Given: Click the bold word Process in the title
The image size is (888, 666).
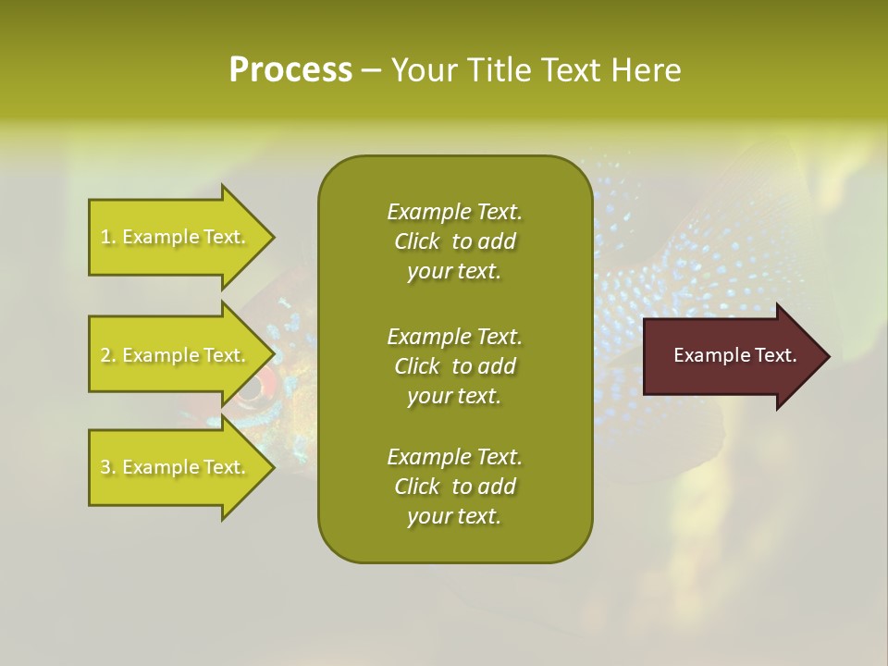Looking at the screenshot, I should (x=290, y=70).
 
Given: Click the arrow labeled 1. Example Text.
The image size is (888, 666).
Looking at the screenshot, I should (x=176, y=237).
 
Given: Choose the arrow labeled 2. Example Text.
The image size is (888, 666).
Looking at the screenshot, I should (x=176, y=355).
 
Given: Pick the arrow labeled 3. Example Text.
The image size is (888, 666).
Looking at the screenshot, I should (x=176, y=467).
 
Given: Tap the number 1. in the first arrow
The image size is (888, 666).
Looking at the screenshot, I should (x=108, y=237).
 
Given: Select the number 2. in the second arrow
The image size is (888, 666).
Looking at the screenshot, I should (x=108, y=355).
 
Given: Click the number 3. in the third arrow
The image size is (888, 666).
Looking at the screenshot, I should (x=108, y=467).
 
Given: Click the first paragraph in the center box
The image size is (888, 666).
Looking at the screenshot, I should (x=454, y=241).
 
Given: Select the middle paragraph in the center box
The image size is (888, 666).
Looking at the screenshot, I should (x=454, y=366).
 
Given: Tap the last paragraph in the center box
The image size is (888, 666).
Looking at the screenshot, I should (x=454, y=487).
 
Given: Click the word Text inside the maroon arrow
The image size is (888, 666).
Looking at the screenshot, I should (x=776, y=355).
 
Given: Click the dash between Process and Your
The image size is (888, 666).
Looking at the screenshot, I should (x=371, y=70).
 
